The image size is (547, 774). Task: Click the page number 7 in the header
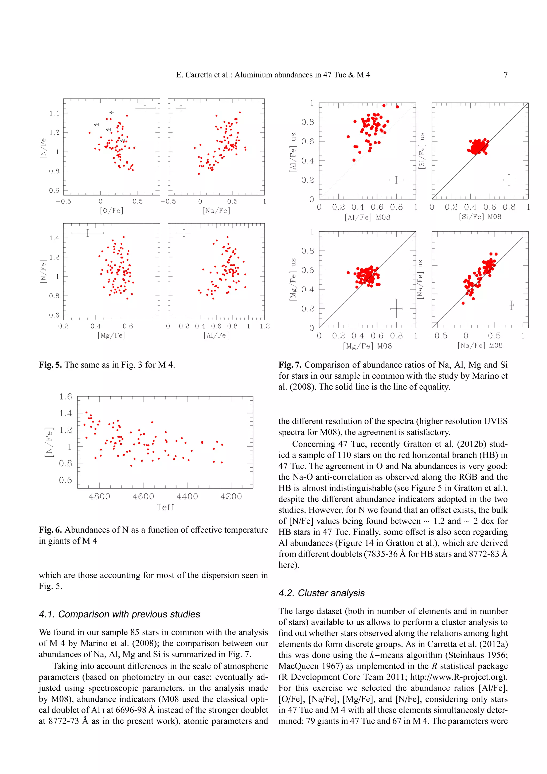tap(505, 75)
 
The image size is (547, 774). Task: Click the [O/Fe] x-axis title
tap(112, 211)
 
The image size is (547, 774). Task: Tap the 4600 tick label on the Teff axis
tap(143, 496)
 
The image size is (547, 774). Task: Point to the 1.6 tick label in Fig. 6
tap(66, 396)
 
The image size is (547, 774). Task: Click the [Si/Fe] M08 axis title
tap(480, 217)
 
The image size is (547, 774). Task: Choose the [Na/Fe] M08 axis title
tap(480, 346)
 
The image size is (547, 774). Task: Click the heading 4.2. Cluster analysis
tap(322, 593)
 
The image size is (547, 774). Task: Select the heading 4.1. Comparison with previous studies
tap(119, 614)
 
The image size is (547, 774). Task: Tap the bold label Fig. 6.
tap(50, 530)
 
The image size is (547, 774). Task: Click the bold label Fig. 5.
tap(50, 365)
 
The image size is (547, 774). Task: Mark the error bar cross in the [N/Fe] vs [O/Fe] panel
tap(145, 108)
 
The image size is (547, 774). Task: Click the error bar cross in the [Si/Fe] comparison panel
tap(509, 180)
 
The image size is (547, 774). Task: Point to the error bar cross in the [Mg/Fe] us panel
tap(396, 308)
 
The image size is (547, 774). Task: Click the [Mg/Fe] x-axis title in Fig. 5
tap(112, 335)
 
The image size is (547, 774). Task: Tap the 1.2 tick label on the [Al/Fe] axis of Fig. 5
tap(265, 326)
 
